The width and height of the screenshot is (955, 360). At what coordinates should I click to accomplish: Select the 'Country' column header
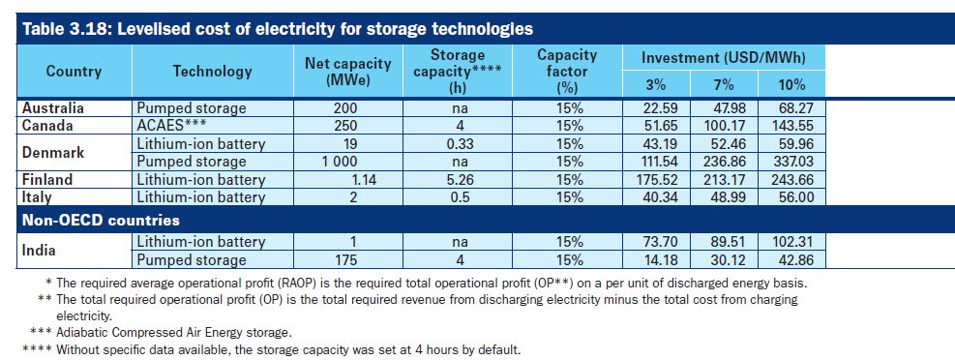[x=74, y=72]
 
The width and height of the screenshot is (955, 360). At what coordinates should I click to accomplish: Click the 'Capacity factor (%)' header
[x=567, y=72]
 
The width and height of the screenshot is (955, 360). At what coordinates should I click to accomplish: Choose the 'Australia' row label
[x=52, y=108]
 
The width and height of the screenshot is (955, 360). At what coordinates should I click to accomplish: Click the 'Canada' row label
[x=47, y=126]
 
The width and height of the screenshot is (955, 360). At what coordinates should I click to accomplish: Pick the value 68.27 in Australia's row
[x=787, y=108]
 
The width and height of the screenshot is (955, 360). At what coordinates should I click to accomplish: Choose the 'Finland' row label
[x=48, y=179]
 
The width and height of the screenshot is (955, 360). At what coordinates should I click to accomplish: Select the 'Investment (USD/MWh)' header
[x=724, y=58]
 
